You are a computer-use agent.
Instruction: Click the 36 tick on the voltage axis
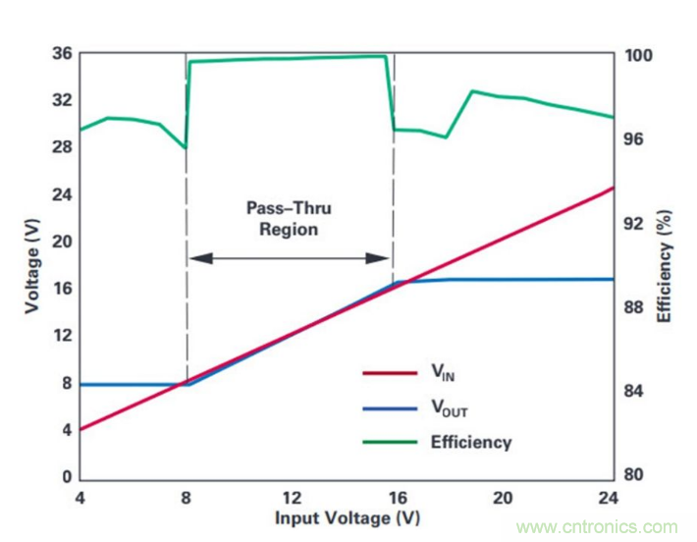(60, 53)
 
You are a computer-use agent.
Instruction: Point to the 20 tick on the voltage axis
(60, 242)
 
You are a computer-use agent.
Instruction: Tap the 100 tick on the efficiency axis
(639, 56)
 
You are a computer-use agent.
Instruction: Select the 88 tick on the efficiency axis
(635, 307)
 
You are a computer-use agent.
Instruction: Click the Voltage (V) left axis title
(33, 266)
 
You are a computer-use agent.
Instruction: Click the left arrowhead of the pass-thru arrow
(197, 258)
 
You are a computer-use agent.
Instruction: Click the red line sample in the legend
(391, 372)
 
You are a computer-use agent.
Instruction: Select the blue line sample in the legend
(391, 407)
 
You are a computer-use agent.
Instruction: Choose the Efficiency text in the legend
(471, 442)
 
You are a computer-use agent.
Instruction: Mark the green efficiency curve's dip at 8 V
(186, 148)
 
